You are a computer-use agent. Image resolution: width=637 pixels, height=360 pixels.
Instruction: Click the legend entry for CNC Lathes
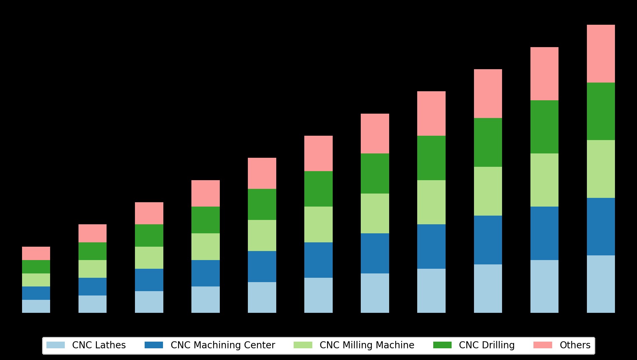(x=99, y=345)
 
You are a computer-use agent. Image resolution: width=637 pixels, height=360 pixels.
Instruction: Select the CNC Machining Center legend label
(x=223, y=345)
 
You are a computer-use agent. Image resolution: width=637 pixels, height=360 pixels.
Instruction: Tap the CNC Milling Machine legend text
(x=367, y=345)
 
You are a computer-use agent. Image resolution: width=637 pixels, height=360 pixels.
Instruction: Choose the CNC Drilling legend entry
(x=487, y=345)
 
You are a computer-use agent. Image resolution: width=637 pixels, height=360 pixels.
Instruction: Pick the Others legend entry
(x=575, y=345)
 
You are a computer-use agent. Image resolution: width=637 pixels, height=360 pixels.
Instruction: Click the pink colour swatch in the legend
(x=542, y=345)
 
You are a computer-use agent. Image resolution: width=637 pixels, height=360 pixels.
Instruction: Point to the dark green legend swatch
(x=442, y=345)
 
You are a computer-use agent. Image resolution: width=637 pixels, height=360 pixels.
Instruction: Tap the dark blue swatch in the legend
(x=154, y=345)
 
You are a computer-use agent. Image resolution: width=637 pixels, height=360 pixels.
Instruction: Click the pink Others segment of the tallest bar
(x=601, y=53)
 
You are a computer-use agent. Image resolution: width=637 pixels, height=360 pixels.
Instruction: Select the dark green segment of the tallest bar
(x=601, y=111)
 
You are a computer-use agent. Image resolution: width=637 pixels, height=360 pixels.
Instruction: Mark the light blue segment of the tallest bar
(x=601, y=284)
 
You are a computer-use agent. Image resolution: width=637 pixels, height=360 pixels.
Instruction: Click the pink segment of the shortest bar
(x=36, y=253)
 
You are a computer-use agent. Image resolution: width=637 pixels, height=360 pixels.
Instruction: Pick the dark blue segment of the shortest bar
(x=36, y=293)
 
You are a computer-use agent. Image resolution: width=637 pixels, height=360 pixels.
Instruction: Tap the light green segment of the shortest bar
(x=36, y=280)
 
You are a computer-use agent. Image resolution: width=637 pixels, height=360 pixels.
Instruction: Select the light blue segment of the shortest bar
(x=36, y=306)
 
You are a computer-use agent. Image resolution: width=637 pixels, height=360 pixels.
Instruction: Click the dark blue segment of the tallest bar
(x=601, y=227)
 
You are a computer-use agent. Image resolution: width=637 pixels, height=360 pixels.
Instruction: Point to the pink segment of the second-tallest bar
(x=544, y=74)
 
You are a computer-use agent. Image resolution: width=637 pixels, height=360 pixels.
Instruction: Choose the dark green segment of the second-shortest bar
(x=93, y=251)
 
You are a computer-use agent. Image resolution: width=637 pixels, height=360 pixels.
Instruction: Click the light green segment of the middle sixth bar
(x=318, y=224)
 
